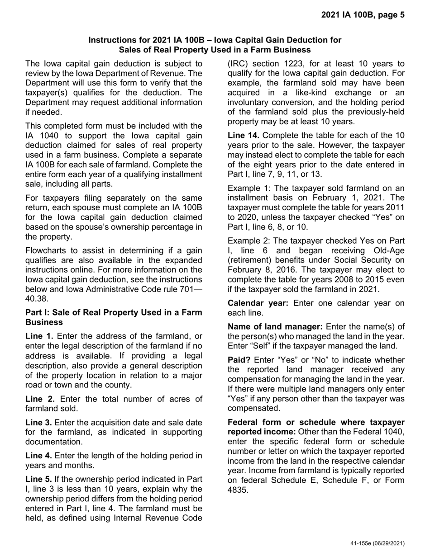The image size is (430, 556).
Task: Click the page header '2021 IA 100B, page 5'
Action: tap(363, 15)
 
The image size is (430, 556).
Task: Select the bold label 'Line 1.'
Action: tap(39, 336)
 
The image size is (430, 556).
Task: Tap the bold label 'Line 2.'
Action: tap(40, 399)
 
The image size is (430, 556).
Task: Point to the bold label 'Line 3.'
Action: tap(39, 422)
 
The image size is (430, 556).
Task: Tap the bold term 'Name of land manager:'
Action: tap(275, 326)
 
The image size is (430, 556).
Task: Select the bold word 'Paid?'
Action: tap(239, 360)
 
